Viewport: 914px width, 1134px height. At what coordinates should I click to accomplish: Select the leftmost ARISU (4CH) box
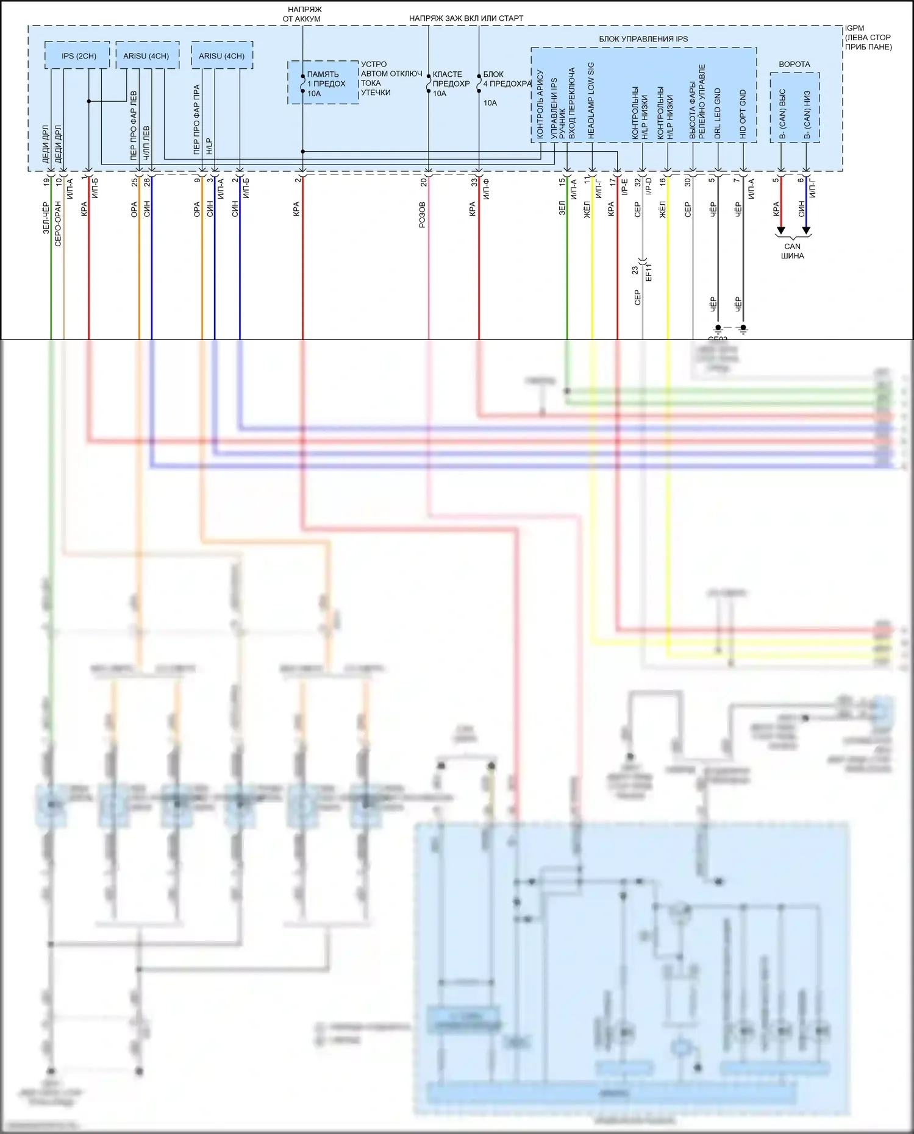tap(146, 55)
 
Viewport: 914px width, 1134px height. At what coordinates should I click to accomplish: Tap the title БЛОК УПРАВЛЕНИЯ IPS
tap(643, 39)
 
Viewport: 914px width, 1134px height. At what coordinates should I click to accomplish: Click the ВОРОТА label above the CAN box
tap(794, 64)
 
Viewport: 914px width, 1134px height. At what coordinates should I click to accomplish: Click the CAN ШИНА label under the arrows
tap(792, 251)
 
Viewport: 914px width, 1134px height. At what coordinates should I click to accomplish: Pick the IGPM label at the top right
tap(854, 28)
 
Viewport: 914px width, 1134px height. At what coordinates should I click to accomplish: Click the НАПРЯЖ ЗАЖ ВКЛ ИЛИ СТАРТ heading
tap(466, 18)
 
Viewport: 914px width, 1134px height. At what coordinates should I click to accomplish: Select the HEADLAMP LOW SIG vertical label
tap(591, 100)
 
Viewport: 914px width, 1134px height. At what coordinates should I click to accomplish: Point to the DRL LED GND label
tap(718, 113)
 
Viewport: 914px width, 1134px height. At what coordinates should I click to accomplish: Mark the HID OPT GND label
tap(743, 114)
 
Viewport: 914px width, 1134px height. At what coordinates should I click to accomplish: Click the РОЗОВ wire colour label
tap(422, 214)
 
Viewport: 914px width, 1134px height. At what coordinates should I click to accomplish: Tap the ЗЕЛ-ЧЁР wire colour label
tap(46, 218)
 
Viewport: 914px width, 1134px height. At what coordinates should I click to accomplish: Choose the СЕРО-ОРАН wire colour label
tap(59, 223)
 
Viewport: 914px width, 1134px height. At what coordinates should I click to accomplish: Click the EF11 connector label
tap(649, 272)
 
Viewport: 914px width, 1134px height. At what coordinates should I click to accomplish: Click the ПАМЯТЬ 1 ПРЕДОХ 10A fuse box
tap(323, 83)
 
